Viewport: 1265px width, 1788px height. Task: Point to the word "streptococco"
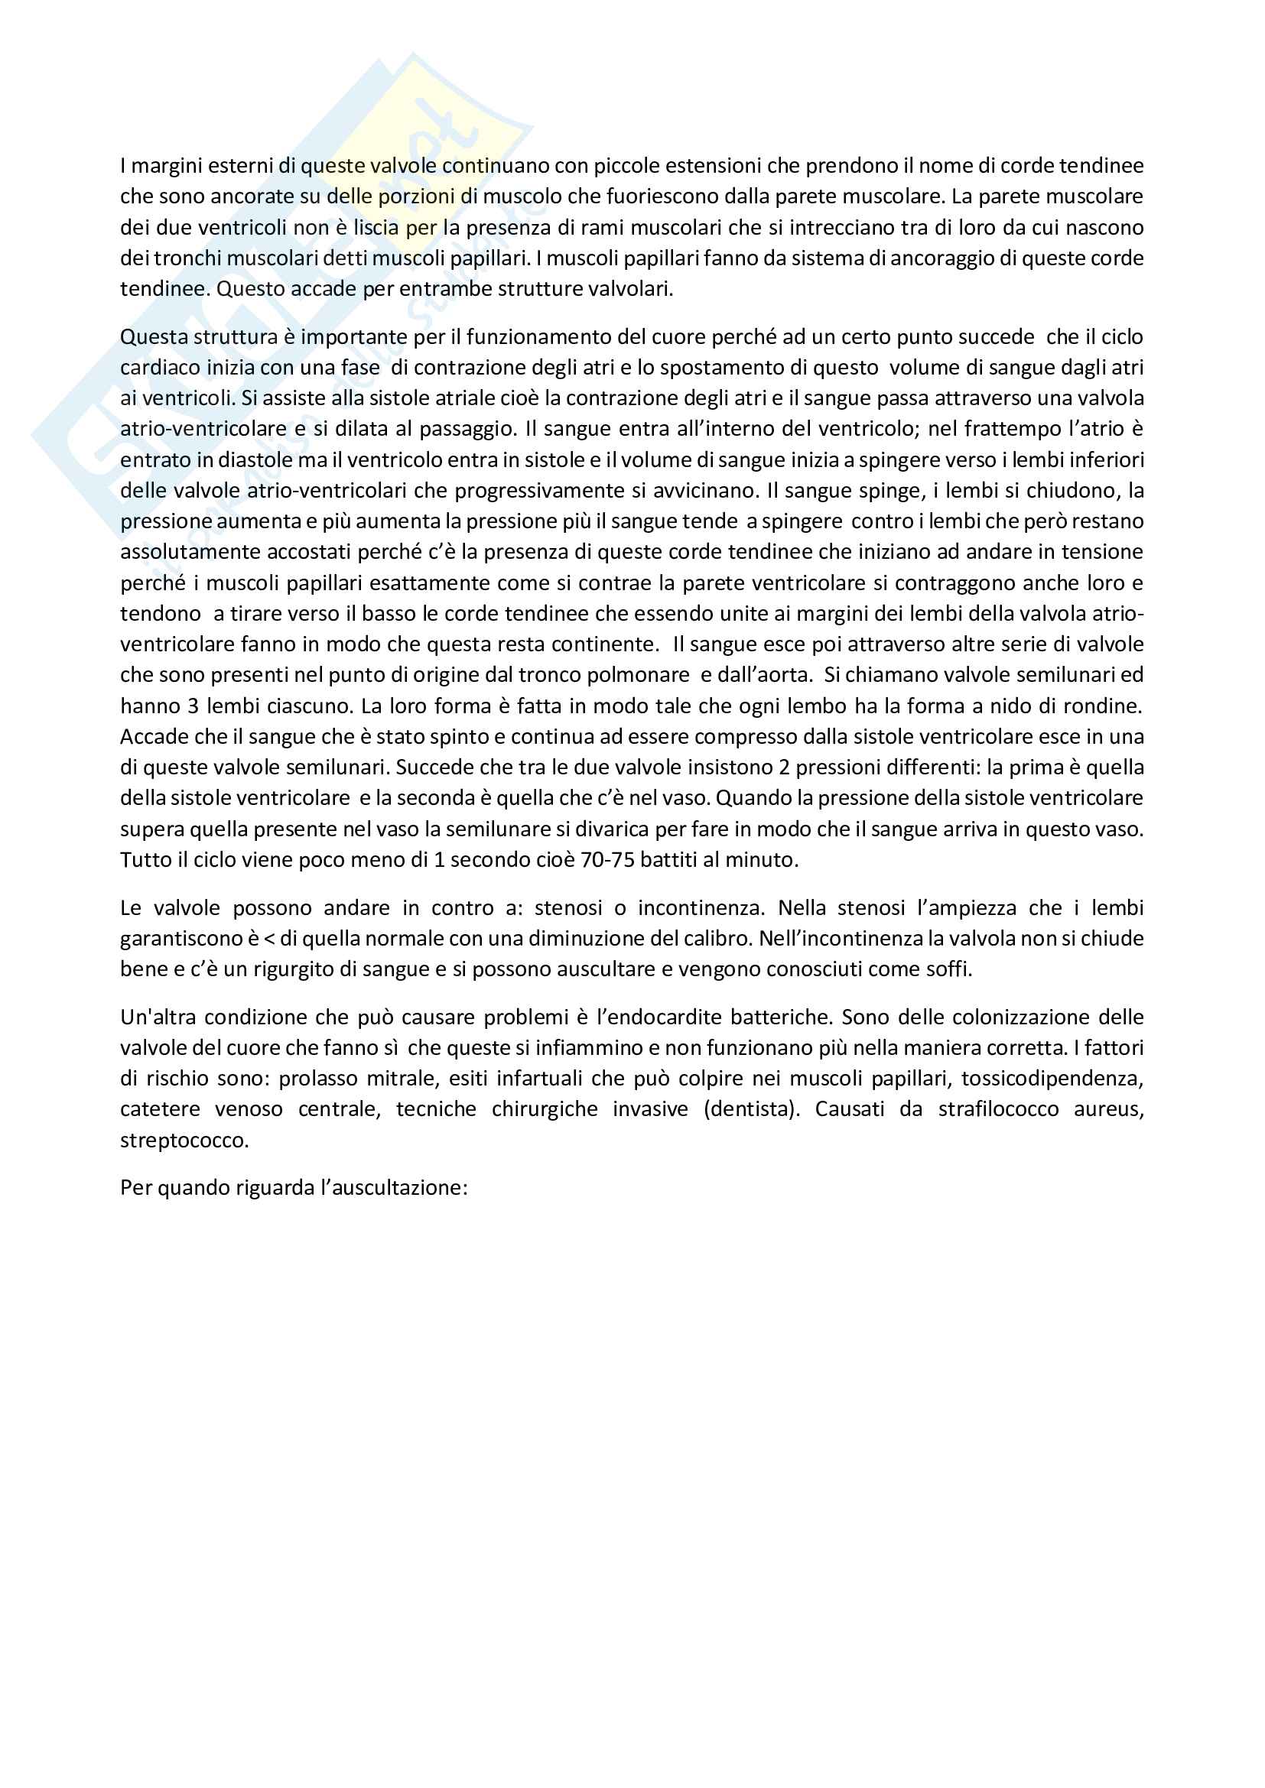[184, 1140]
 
